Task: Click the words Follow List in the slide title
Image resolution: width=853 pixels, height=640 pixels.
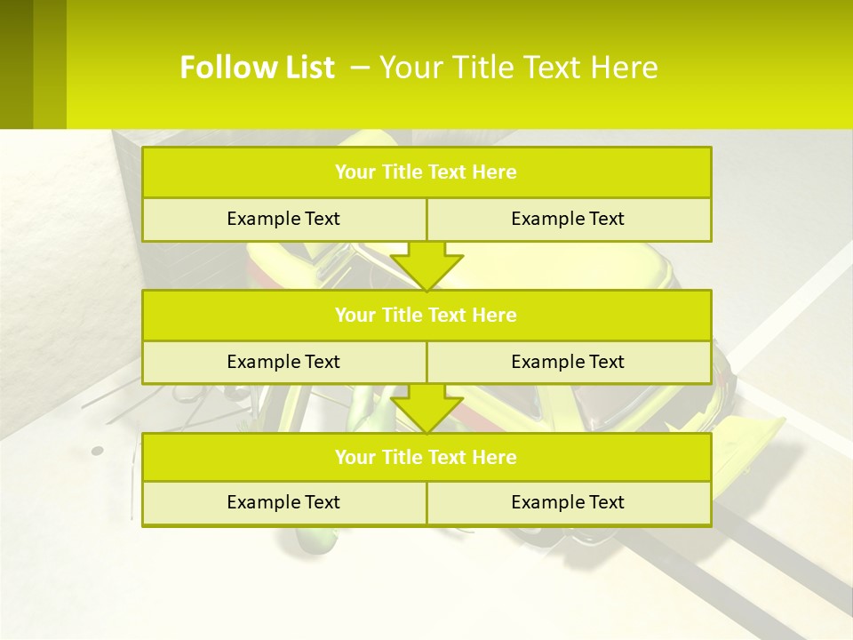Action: click(257, 68)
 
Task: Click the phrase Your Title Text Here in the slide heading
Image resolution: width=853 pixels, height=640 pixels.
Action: click(518, 68)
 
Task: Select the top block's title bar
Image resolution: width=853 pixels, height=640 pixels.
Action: click(426, 172)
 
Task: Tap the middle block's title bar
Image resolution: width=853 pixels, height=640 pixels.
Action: click(426, 315)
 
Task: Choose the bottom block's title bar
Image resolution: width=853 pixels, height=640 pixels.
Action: click(426, 457)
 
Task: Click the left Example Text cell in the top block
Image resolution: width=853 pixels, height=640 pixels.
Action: click(283, 220)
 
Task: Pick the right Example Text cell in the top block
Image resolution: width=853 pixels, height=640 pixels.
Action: click(569, 220)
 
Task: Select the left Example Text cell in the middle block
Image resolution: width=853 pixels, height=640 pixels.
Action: click(283, 362)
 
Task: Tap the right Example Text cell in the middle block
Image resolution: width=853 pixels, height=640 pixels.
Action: click(569, 362)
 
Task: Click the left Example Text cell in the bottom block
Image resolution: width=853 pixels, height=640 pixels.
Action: click(283, 503)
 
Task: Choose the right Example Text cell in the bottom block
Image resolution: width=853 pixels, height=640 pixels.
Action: click(569, 503)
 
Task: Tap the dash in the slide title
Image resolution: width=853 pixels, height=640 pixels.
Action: click(360, 66)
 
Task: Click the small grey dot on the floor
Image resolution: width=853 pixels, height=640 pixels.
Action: click(98, 451)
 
